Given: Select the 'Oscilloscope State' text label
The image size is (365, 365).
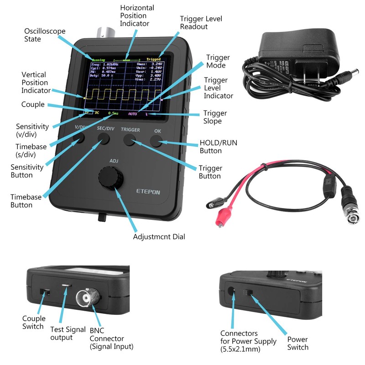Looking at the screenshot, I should click(45, 35).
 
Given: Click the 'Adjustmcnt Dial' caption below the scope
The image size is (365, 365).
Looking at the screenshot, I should click(159, 237).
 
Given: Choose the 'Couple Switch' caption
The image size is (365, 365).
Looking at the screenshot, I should click(34, 323).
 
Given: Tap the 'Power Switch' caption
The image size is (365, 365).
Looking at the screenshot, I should click(297, 344).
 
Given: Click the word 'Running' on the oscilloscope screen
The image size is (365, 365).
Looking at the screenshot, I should click(98, 60).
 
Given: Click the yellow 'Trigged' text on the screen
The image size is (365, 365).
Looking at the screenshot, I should click(154, 59).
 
